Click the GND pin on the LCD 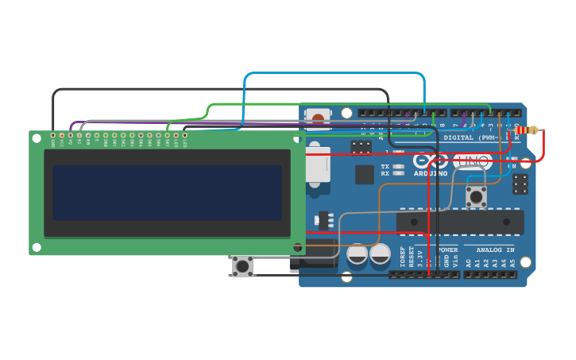(x=53, y=136)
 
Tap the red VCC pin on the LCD (x=62, y=136)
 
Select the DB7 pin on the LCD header (x=167, y=136)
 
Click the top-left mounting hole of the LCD (x=37, y=138)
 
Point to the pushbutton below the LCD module (x=242, y=265)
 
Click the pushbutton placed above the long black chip (x=476, y=195)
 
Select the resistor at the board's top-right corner (x=526, y=130)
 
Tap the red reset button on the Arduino (x=319, y=119)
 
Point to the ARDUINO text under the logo (x=431, y=173)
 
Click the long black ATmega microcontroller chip (x=460, y=222)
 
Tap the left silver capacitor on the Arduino (x=358, y=254)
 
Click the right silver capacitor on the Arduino (x=380, y=254)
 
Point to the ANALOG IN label (x=494, y=250)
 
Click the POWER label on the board (x=447, y=250)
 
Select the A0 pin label (x=468, y=261)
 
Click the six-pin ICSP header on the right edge (x=520, y=184)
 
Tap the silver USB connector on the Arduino (x=317, y=168)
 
